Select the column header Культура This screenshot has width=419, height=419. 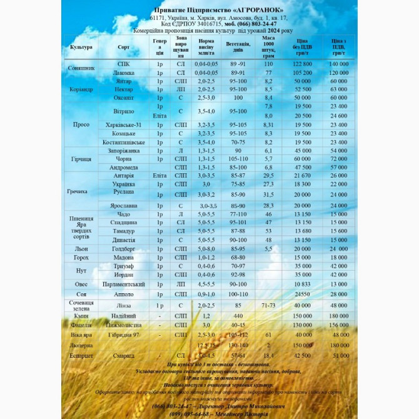click(81, 47)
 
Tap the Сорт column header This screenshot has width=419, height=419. click(124, 47)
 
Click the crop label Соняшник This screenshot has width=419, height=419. click(81, 68)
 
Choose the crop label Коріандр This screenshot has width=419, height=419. click(81, 89)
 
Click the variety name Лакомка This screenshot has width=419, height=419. click(124, 73)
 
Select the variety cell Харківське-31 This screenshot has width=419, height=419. click(124, 125)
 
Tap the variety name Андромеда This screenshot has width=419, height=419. click(124, 168)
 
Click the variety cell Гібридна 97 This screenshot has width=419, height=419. click(124, 335)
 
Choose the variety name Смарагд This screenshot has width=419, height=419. click(124, 356)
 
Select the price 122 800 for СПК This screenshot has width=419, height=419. click(302, 64)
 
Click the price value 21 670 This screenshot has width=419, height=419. click(302, 176)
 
